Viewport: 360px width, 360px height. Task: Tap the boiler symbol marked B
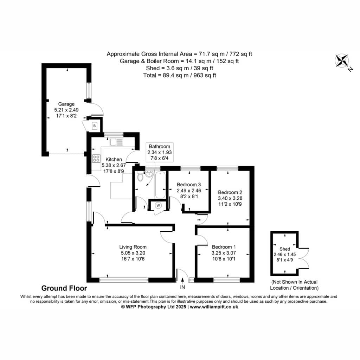94,126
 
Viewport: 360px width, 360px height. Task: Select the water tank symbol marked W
158,205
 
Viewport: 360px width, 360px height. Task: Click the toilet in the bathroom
140,176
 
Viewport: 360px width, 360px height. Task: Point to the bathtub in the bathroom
160,185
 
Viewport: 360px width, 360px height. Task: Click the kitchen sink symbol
116,142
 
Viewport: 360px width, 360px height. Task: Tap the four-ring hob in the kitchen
96,159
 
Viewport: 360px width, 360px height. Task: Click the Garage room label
66,104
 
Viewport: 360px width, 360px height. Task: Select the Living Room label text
133,247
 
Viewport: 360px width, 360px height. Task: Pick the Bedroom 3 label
189,185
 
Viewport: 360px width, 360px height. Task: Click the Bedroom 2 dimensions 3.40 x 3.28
230,198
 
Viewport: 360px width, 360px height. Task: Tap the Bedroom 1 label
224,247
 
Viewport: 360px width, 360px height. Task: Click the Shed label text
285,249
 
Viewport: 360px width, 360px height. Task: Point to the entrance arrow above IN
182,281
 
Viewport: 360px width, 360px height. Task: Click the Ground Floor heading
64,288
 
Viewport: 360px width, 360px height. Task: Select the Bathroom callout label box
160,152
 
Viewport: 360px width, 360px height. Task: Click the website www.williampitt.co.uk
214,307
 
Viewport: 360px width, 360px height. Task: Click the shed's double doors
303,258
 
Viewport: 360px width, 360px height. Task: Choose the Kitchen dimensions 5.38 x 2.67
114,165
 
